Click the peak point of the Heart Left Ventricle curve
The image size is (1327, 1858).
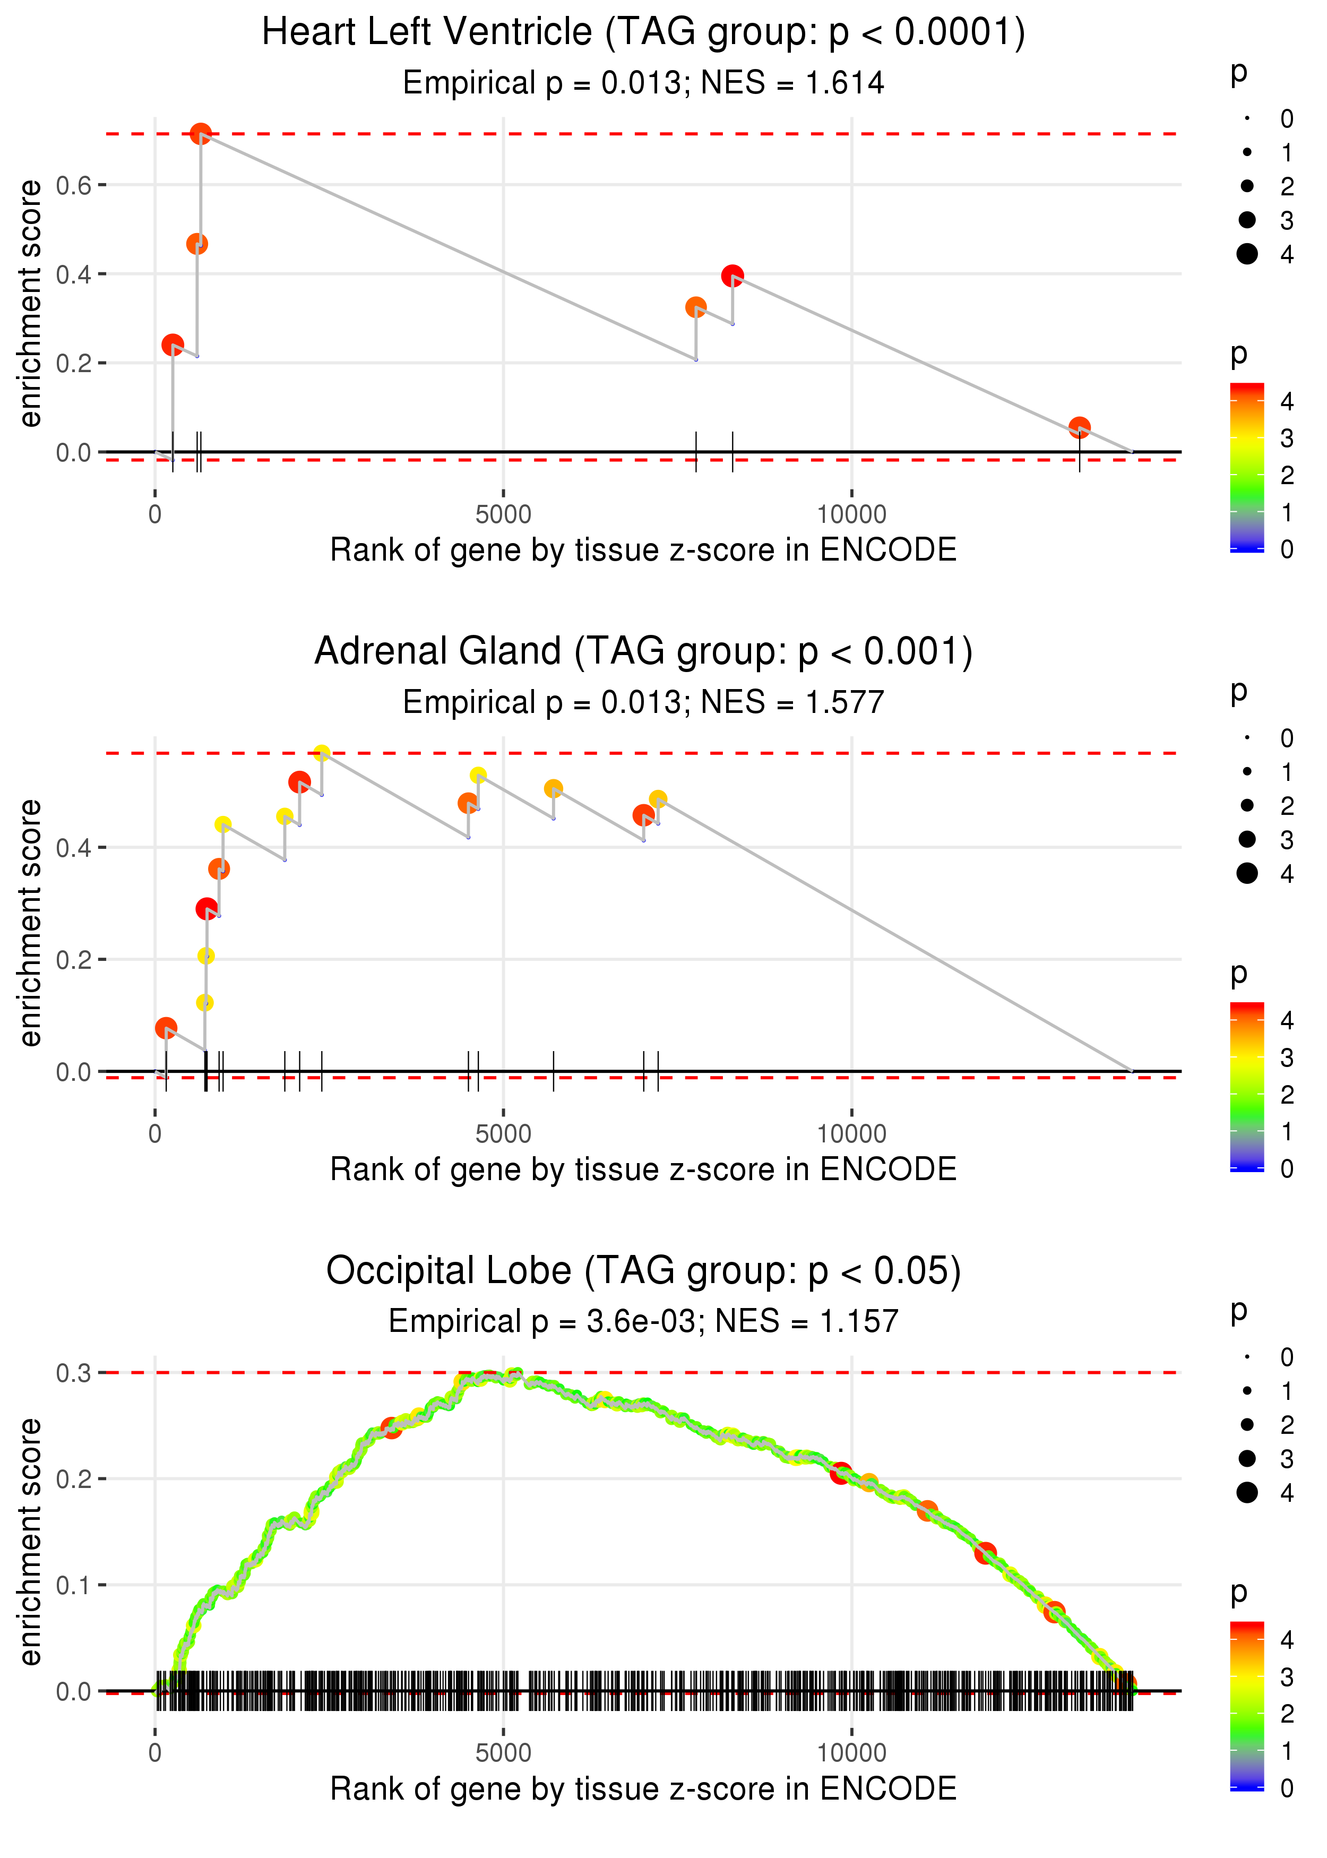point(201,134)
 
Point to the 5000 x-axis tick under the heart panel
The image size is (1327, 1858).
point(503,514)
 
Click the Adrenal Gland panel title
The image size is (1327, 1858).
point(643,651)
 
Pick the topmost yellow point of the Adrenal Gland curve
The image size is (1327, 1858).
point(322,753)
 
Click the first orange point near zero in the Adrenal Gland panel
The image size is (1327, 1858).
point(166,1028)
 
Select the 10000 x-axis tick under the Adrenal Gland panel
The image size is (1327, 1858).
point(851,1133)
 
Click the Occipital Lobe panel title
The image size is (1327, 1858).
point(643,1270)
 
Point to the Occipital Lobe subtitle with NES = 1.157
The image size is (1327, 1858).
point(643,1321)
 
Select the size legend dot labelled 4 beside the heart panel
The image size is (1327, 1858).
point(1247,254)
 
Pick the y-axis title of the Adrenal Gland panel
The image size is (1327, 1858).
point(30,923)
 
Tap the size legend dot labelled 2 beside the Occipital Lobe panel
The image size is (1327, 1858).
point(1247,1425)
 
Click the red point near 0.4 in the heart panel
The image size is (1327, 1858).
point(732,276)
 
